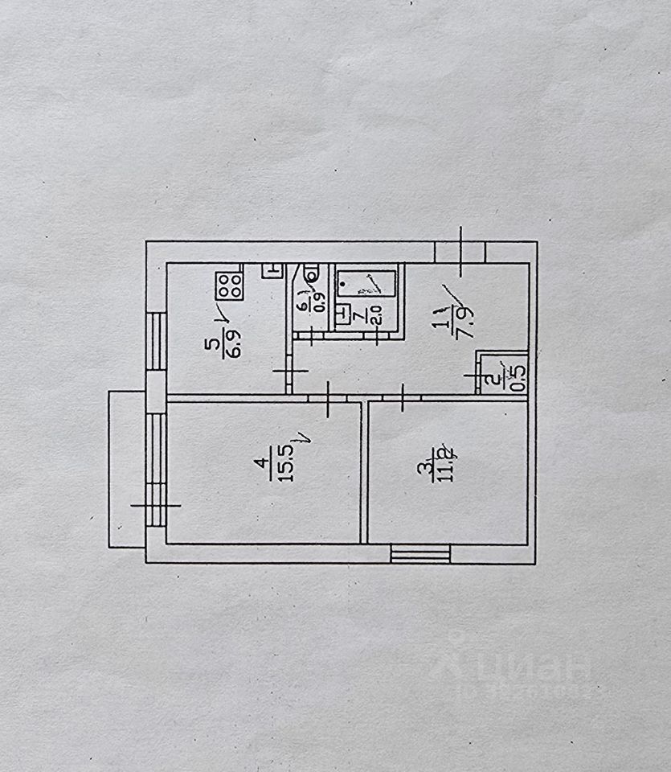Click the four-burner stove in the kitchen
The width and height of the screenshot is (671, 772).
(229, 284)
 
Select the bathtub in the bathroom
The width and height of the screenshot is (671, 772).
(366, 282)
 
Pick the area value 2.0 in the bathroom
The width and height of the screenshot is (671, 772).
(375, 314)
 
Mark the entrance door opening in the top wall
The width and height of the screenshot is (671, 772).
(460, 252)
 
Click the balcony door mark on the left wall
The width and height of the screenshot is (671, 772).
(156, 505)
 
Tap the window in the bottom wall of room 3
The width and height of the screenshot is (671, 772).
(420, 554)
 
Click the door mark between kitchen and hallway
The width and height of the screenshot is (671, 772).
(288, 370)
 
